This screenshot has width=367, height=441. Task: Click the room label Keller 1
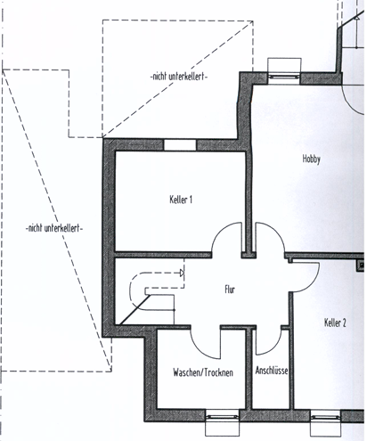[181, 200]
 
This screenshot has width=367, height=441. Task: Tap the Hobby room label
[312, 159]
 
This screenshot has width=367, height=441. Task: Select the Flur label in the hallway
[230, 290]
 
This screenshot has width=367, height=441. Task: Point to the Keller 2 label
[335, 323]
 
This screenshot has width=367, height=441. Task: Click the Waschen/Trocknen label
[203, 372]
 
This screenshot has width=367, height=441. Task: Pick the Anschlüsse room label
[272, 371]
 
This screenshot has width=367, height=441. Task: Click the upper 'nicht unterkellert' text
[179, 77]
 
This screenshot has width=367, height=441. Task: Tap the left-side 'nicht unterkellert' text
[54, 228]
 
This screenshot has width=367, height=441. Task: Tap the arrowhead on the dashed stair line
[182, 273]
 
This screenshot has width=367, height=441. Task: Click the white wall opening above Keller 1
[180, 145]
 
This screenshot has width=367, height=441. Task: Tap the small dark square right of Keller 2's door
[362, 265]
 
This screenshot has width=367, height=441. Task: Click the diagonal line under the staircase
[135, 309]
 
